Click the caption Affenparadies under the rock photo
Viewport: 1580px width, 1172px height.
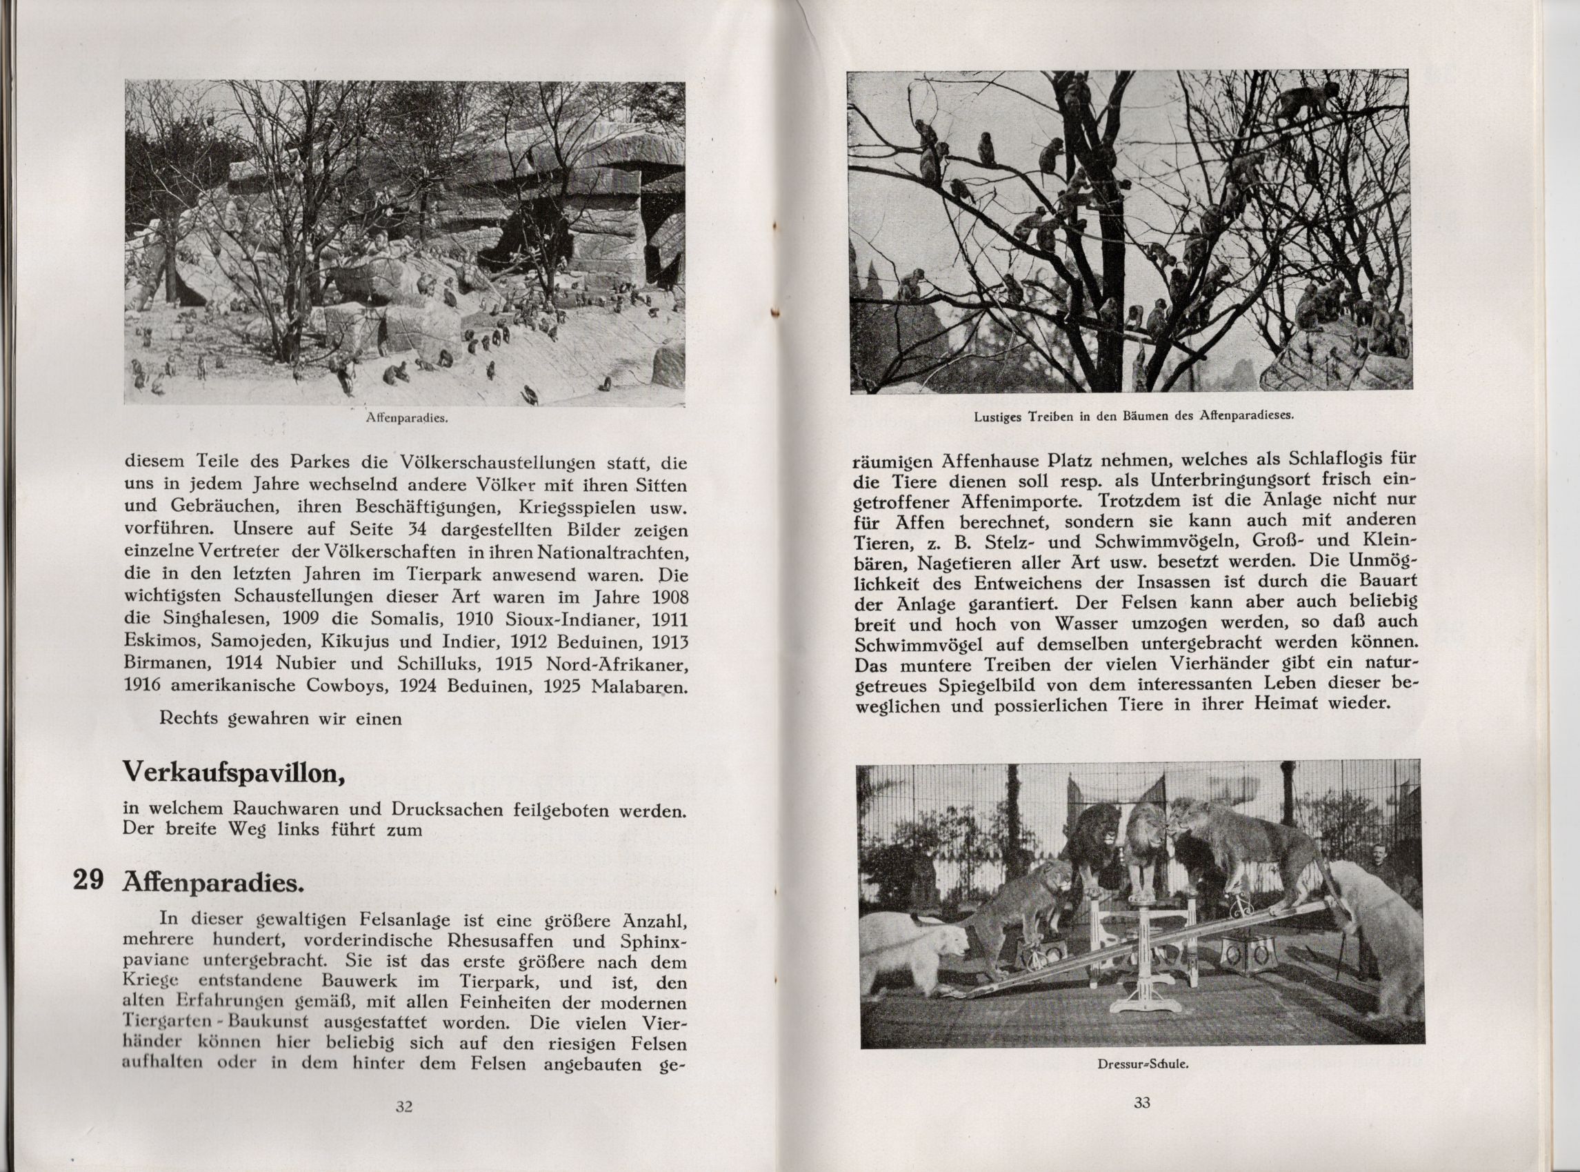point(405,419)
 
